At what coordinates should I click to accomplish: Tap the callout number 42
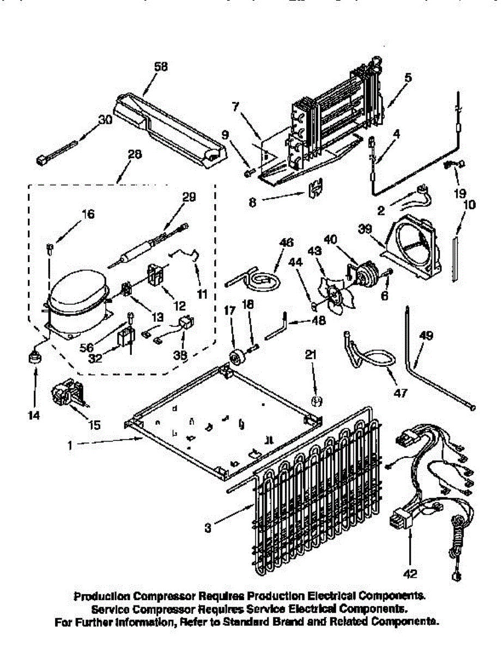tap(411, 573)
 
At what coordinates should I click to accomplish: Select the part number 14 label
tap(34, 415)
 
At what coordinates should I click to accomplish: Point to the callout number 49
tap(427, 336)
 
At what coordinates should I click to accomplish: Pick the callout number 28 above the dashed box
tap(134, 154)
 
